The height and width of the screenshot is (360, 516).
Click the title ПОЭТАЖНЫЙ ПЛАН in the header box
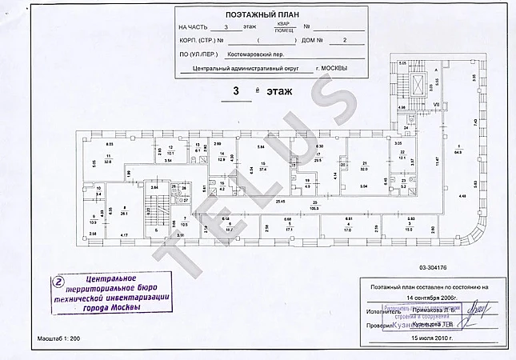[x=270, y=15]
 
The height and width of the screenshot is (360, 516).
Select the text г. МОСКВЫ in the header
[x=332, y=68]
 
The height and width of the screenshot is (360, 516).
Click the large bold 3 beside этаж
[x=235, y=91]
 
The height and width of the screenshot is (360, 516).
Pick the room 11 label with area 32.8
[x=107, y=158]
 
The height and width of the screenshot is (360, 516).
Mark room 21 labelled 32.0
[x=363, y=166]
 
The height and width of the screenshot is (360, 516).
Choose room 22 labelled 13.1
[x=403, y=154]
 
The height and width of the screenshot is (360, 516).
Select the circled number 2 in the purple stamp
[x=57, y=281]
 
